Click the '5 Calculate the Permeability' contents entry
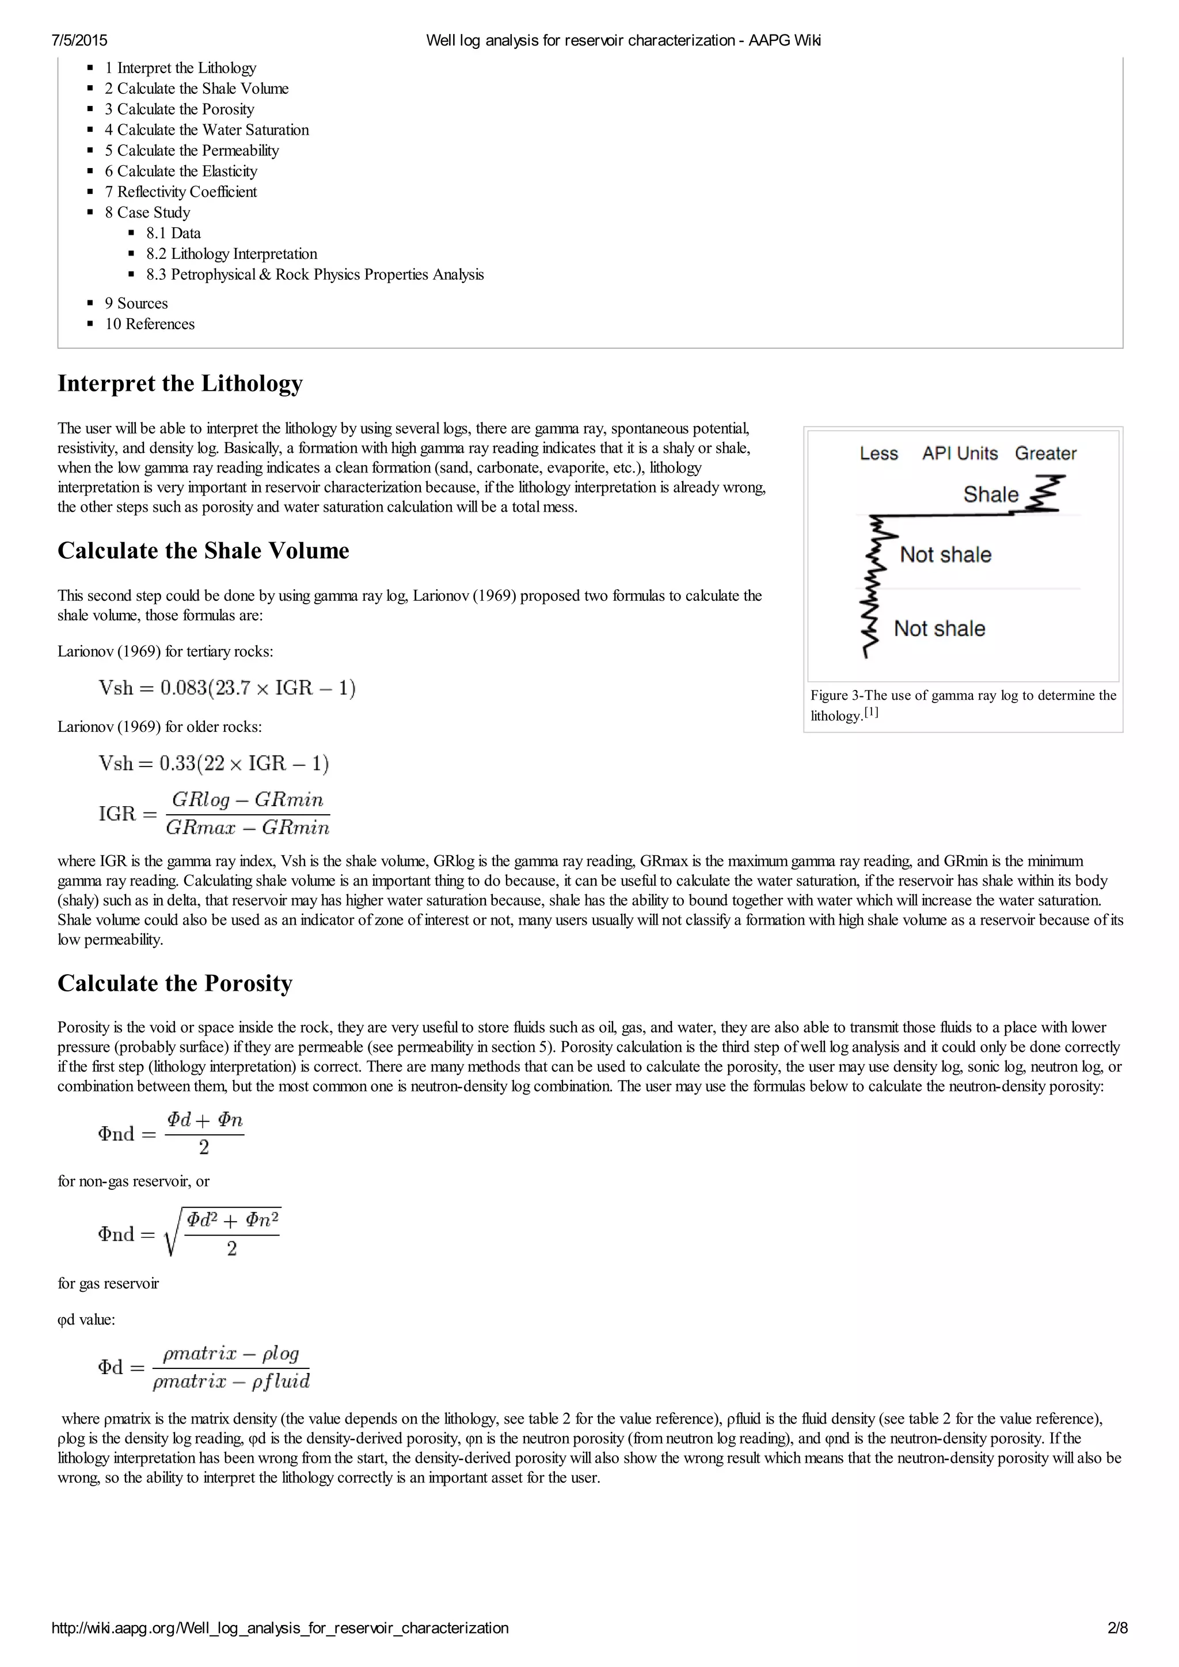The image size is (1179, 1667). click(x=191, y=150)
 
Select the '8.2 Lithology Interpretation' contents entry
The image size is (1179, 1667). click(x=231, y=253)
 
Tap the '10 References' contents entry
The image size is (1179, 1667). click(x=150, y=324)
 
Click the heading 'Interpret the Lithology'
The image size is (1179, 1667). click(x=180, y=383)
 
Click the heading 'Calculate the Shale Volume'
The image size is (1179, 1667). click(x=203, y=550)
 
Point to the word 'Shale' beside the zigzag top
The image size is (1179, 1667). click(x=990, y=494)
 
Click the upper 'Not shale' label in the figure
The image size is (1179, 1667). click(x=945, y=555)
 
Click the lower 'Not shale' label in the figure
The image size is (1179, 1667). click(x=940, y=629)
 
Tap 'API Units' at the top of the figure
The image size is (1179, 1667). click(x=960, y=454)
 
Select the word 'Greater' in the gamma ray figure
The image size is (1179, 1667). click(x=1045, y=454)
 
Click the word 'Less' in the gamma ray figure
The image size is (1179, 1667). click(x=878, y=454)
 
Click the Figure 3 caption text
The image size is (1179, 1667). click(x=963, y=704)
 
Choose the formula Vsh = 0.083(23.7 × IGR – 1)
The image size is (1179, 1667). click(x=227, y=688)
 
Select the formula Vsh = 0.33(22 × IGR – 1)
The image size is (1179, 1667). click(x=214, y=763)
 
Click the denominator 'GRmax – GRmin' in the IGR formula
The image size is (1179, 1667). click(x=248, y=827)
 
